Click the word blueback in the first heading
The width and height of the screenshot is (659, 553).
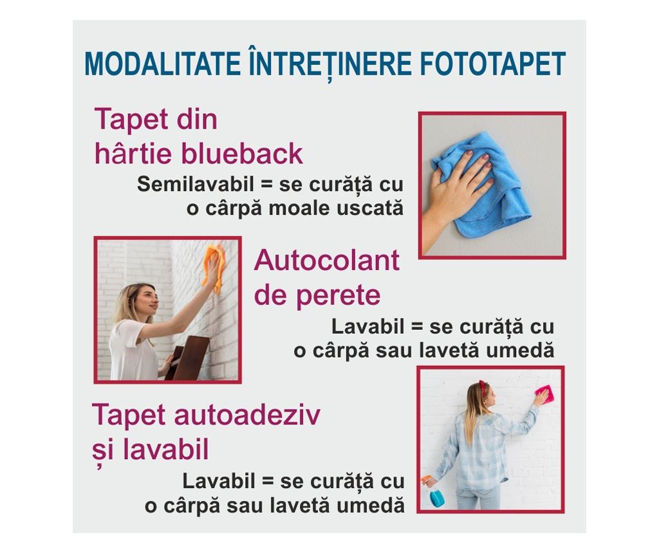coord(242,153)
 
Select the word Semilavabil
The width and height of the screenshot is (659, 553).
coord(196,184)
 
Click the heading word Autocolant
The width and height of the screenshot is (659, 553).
coord(326,260)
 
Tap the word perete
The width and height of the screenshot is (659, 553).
coord(339,296)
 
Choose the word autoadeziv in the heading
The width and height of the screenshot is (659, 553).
coord(247,415)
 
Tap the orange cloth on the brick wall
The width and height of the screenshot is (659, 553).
coord(214,267)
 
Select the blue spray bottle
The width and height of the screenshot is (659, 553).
coord(435,493)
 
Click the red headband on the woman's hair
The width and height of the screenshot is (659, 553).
coord(483,388)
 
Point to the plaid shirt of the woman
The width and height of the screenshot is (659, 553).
coord(483,449)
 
